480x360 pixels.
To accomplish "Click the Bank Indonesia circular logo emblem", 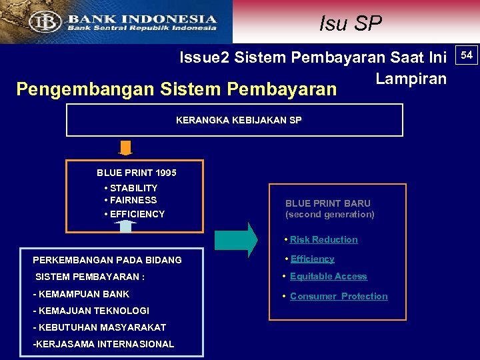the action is point(45,21).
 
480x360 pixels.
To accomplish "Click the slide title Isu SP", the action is point(350,23).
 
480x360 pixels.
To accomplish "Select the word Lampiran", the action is point(411,78).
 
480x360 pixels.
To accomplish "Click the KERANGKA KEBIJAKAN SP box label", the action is point(239,120).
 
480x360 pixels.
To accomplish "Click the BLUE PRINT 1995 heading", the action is point(137,173).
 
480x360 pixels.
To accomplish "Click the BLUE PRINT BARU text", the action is point(328,203).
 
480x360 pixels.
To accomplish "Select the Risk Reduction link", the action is point(323,239).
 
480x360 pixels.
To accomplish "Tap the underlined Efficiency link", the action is point(312,259).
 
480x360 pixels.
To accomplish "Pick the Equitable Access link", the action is point(328,276).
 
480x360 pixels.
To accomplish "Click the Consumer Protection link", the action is point(339,296).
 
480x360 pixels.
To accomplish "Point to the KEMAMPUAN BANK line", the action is point(81,294).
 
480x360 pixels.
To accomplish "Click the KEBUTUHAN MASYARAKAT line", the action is point(99,327).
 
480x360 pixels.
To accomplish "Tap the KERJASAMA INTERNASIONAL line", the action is point(103,344).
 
